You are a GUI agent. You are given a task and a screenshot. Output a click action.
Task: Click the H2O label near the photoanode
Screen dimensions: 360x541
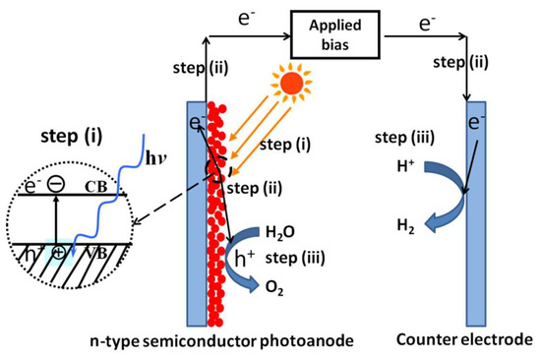(280, 233)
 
